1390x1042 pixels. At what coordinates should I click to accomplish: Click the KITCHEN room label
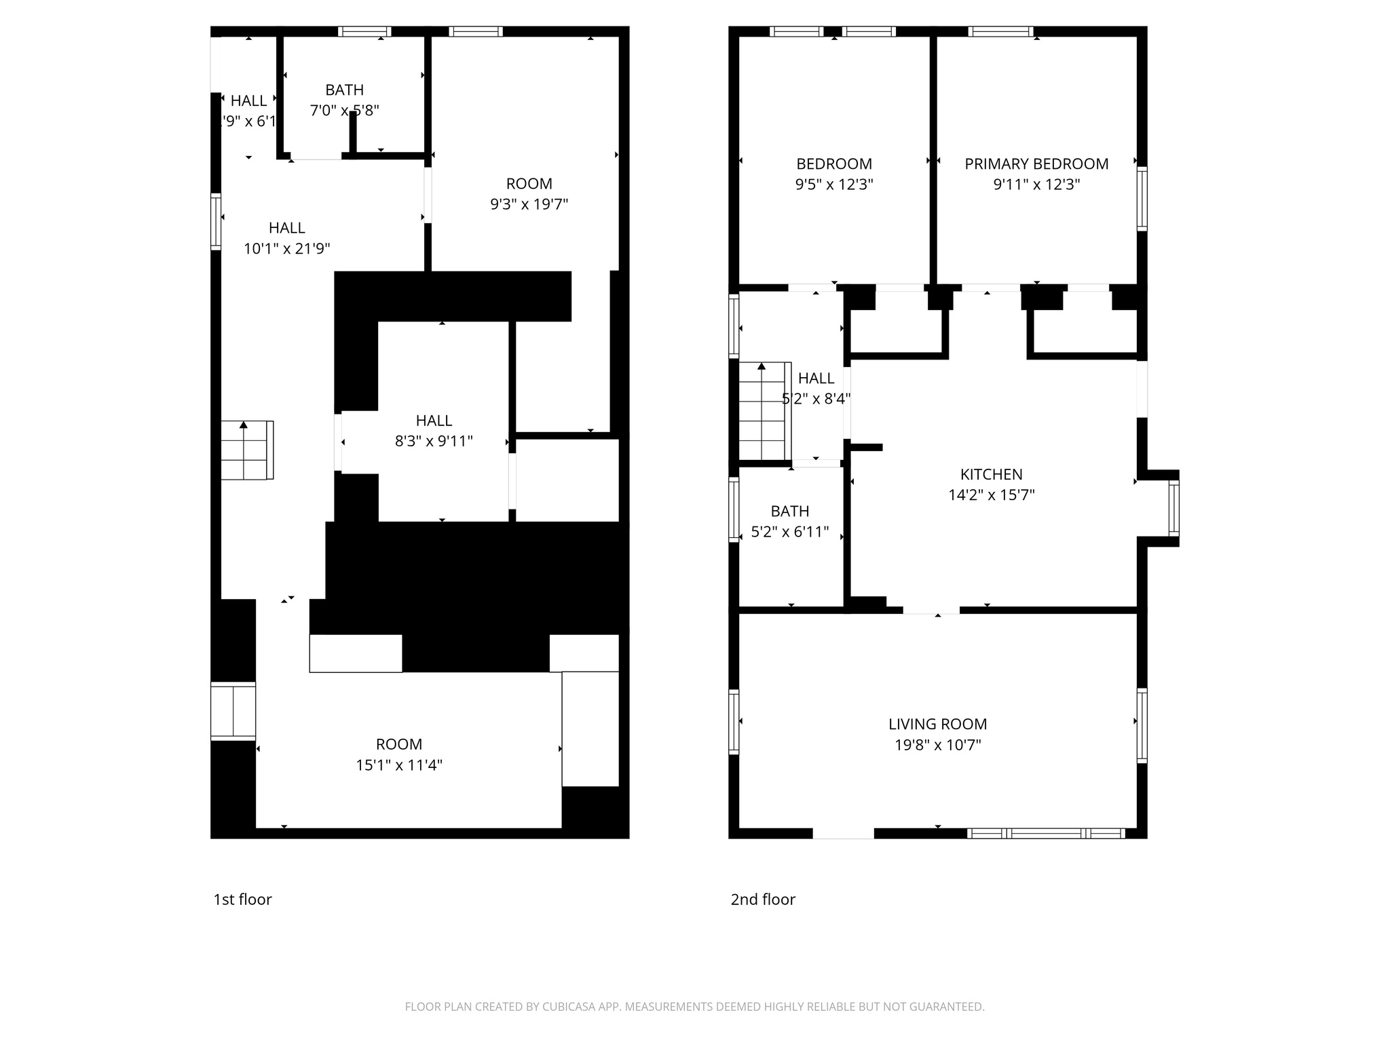[x=991, y=475]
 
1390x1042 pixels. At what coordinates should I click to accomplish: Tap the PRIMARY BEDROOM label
[x=1036, y=164]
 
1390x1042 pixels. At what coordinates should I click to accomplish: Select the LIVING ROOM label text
[x=937, y=725]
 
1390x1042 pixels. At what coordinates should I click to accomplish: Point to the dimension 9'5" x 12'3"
[x=833, y=185]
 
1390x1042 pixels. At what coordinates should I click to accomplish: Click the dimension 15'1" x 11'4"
[x=399, y=765]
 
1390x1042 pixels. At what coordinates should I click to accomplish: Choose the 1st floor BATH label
[x=344, y=90]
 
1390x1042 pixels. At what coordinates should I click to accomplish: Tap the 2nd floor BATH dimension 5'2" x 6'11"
[x=789, y=532]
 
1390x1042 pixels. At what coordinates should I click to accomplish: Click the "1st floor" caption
[x=242, y=900]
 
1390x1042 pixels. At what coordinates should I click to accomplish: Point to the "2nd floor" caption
[x=762, y=900]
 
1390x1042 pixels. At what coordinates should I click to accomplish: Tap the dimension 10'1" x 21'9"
[x=287, y=249]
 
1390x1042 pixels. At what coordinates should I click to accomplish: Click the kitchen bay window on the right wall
[x=1173, y=507]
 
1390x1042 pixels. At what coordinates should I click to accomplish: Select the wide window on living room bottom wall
[x=1045, y=833]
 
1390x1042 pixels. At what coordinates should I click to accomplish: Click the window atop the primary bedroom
[x=1000, y=31]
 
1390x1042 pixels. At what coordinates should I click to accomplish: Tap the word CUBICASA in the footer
[x=569, y=1007]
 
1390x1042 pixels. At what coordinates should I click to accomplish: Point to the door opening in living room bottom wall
[x=843, y=833]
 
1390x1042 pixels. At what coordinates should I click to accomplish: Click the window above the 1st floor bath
[x=364, y=31]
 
